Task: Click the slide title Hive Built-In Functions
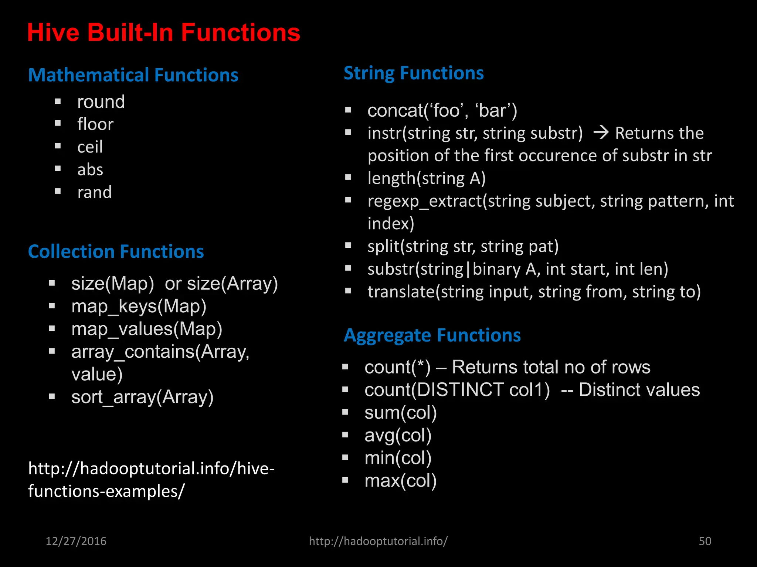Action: [163, 32]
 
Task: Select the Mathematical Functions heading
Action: [133, 75]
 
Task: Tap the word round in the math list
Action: [101, 102]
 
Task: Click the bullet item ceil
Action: [90, 147]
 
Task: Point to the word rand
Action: [94, 192]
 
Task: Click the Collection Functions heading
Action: [116, 251]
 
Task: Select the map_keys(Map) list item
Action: [139, 306]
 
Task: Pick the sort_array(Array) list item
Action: [142, 397]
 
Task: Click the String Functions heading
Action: [413, 73]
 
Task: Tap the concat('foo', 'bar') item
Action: [442, 111]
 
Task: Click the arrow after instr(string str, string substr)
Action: [601, 133]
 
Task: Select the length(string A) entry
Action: [426, 178]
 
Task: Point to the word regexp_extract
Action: [425, 202]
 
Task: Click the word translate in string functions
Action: [401, 292]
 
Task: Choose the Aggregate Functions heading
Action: [432, 335]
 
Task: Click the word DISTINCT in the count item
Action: [460, 390]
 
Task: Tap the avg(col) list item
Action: [398, 435]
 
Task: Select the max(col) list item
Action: [400, 481]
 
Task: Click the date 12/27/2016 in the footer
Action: [76, 541]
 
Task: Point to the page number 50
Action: [705, 541]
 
